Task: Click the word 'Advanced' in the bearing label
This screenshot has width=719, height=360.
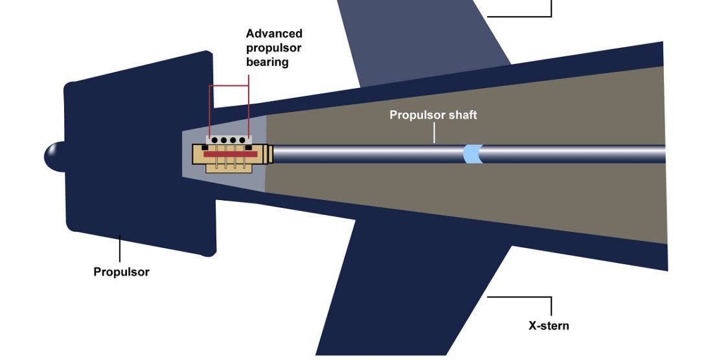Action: click(x=274, y=34)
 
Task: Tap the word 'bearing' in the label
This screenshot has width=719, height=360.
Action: click(x=267, y=63)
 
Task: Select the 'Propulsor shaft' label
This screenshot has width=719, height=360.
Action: click(x=433, y=115)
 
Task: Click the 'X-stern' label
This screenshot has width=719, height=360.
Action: click(x=549, y=325)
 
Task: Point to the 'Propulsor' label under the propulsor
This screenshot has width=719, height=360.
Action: click(x=121, y=272)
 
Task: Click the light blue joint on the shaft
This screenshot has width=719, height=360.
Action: click(x=473, y=154)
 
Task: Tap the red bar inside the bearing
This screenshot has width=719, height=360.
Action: click(x=231, y=154)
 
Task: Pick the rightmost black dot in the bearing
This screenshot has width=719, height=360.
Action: click(x=242, y=140)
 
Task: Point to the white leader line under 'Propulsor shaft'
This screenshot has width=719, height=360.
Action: click(x=433, y=132)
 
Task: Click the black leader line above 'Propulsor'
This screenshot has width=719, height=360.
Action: click(x=119, y=249)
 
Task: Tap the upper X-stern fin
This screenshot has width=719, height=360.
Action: click(x=421, y=39)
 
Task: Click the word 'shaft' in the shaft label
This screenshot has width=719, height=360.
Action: click(x=461, y=115)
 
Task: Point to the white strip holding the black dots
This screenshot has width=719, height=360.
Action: click(x=228, y=140)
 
